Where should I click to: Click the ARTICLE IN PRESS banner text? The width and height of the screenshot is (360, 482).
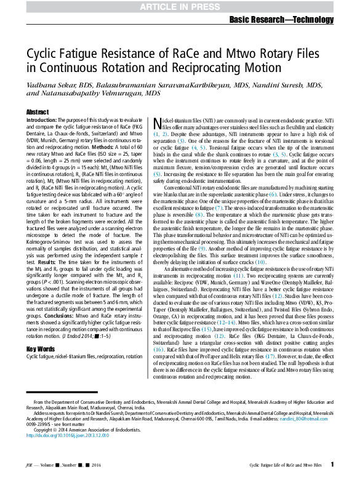coord(180,6)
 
